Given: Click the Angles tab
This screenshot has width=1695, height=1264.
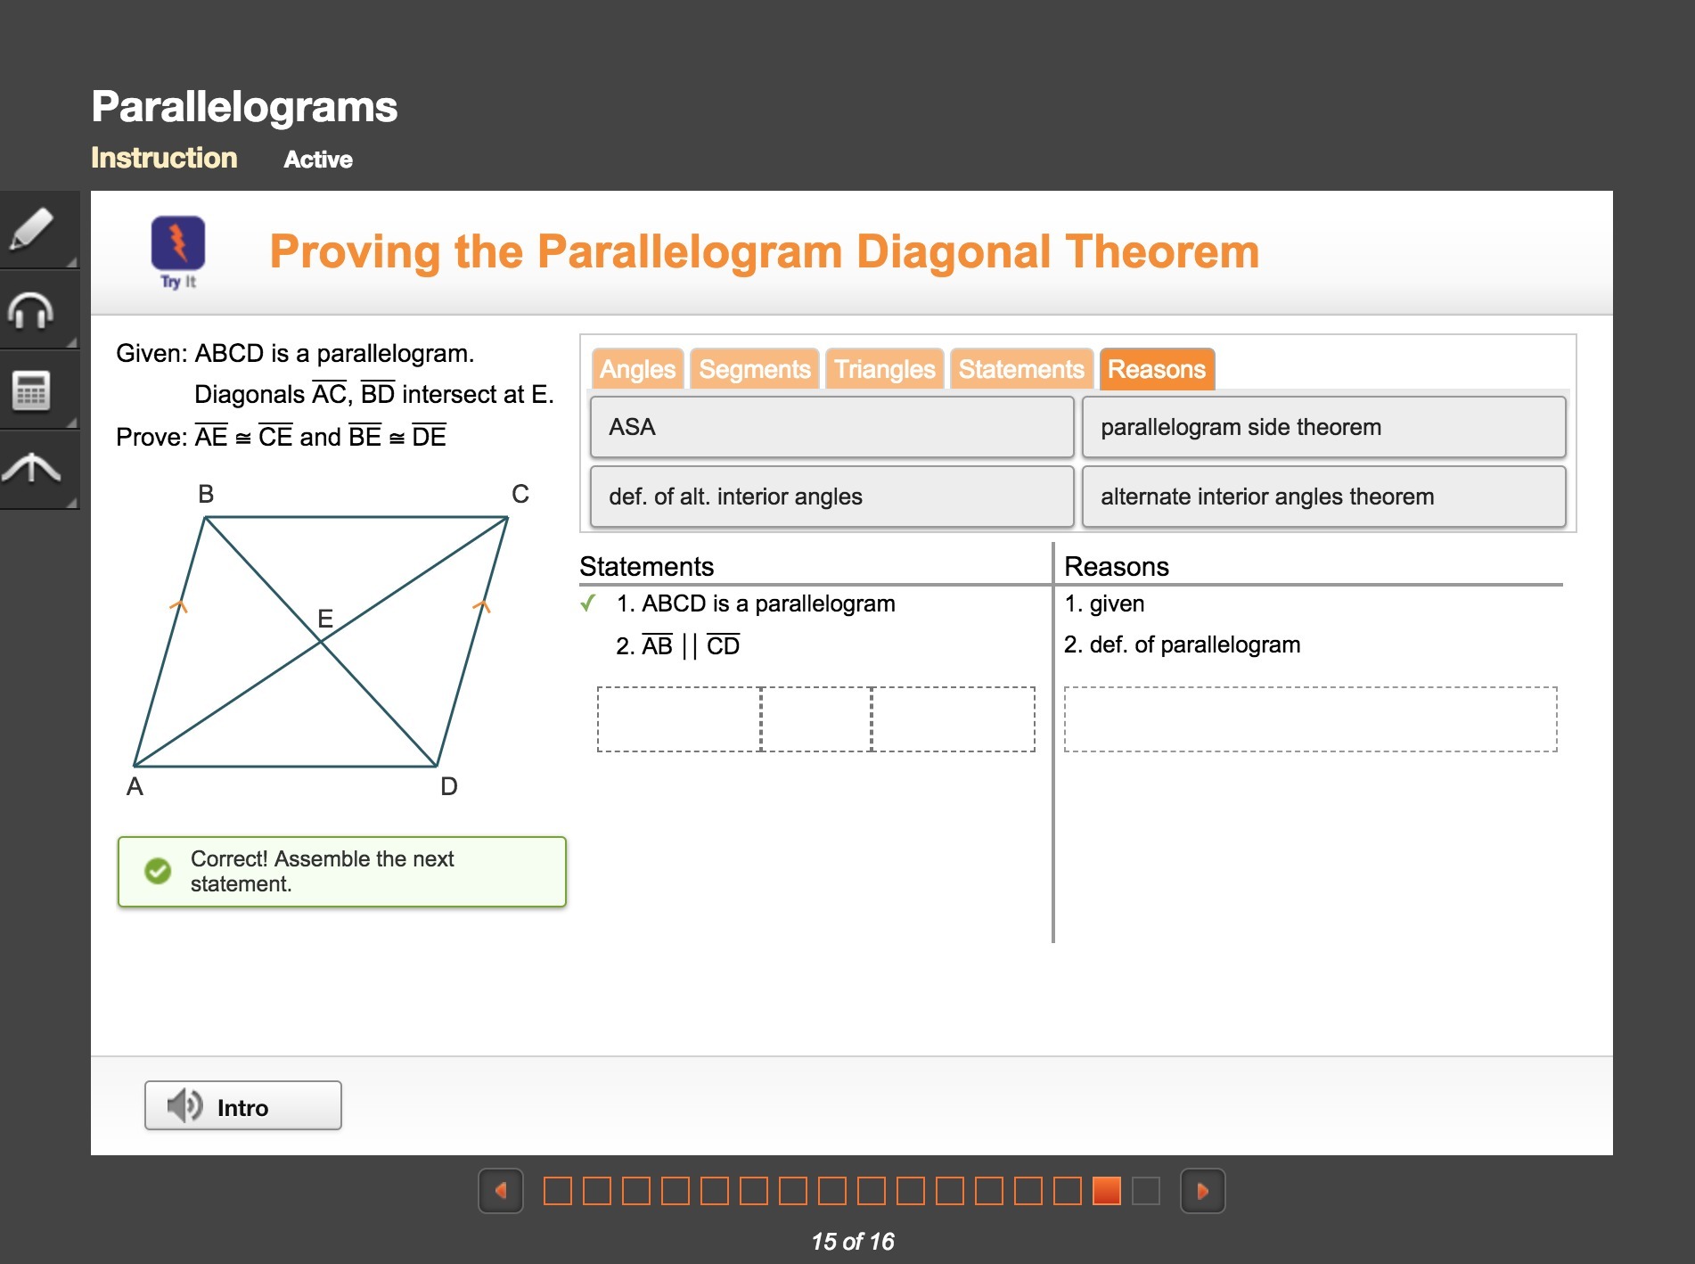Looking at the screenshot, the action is [637, 369].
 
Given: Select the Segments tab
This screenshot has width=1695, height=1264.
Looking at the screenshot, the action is [755, 369].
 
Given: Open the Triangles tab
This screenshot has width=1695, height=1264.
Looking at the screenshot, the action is [884, 369].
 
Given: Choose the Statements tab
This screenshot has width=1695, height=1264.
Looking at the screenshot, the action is [1021, 369].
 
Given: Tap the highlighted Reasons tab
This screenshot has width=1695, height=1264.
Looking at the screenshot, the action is [1157, 369].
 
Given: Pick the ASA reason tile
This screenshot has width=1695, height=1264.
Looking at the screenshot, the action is [831, 427].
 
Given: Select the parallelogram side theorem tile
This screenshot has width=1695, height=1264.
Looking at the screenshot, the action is [1323, 427].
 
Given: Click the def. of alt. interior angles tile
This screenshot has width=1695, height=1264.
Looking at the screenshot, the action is [831, 497].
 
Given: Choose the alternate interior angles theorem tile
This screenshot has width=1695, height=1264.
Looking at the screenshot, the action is [1323, 497].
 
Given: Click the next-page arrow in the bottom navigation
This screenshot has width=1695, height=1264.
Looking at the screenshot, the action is [1202, 1191].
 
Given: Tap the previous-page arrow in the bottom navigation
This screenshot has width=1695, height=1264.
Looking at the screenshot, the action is [501, 1191].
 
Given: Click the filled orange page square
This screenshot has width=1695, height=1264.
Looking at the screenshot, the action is [1106, 1191].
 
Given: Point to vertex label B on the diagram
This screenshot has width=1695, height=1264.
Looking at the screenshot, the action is [206, 494].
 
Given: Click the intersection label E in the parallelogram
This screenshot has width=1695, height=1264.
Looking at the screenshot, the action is [325, 618].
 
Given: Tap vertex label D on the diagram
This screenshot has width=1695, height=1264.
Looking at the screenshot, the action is [449, 786].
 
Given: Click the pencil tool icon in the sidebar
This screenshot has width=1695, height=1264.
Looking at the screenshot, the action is [31, 229].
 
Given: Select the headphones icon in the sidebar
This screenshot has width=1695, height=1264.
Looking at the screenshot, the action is [31, 310].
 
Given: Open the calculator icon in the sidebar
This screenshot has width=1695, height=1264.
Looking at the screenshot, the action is [31, 390].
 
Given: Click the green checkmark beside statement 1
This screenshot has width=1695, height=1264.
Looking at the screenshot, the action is [588, 603].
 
